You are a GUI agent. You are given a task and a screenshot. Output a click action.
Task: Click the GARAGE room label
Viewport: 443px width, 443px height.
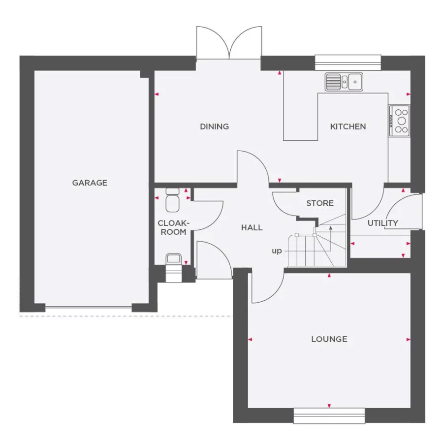pyautogui.click(x=90, y=183)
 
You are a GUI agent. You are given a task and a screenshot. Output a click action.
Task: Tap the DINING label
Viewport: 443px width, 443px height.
pyautogui.click(x=214, y=127)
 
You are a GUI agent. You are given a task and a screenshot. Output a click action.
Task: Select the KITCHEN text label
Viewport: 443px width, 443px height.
pyautogui.click(x=348, y=127)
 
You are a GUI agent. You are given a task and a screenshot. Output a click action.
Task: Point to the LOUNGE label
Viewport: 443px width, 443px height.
pyautogui.click(x=329, y=339)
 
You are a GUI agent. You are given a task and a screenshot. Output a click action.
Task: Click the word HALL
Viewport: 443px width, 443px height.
pyautogui.click(x=252, y=227)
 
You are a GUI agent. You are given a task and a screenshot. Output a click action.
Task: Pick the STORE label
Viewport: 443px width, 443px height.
pyautogui.click(x=319, y=203)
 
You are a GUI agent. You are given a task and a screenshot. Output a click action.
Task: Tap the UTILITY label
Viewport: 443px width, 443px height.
pyautogui.click(x=382, y=223)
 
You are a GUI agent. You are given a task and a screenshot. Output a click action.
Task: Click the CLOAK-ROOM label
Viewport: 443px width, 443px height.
pyautogui.click(x=173, y=227)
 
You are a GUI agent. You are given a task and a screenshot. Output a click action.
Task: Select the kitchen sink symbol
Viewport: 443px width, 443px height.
pyautogui.click(x=344, y=82)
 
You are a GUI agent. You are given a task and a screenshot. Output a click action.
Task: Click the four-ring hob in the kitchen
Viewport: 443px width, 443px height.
pyautogui.click(x=399, y=121)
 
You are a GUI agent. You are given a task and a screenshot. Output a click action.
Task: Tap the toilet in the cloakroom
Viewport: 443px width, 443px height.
pyautogui.click(x=173, y=199)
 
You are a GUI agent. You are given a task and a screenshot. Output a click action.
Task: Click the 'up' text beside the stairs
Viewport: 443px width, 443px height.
pyautogui.click(x=277, y=251)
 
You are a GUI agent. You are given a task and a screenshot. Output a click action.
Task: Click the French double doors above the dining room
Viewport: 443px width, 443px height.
pyautogui.click(x=229, y=44)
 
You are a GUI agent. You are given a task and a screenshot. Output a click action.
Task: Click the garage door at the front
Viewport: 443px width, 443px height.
pyautogui.click(x=89, y=308)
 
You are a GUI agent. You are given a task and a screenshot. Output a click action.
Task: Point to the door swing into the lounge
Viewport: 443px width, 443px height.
pyautogui.click(x=267, y=288)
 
